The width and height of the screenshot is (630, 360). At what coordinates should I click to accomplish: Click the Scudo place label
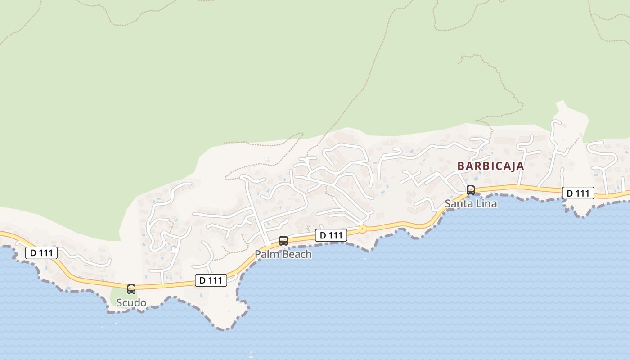point(131,303)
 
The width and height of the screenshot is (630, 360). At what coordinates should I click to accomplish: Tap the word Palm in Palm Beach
point(265,254)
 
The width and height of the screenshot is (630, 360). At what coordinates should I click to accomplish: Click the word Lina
point(486,203)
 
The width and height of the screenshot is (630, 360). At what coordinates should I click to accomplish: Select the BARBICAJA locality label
point(490,166)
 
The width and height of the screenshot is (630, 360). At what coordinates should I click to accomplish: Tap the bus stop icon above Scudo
point(131,289)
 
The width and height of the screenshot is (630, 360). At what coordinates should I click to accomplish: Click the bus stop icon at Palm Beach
point(283,241)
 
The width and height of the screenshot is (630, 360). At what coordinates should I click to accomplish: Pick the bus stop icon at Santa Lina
point(471,190)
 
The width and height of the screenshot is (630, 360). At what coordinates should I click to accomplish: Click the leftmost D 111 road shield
point(41,253)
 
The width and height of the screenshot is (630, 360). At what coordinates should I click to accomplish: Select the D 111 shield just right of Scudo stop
point(211,280)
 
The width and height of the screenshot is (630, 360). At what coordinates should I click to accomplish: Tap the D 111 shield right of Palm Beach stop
point(331,235)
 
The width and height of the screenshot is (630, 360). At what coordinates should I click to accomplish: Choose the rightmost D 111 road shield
point(578,193)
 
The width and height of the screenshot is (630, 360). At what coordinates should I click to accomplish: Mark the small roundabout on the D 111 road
point(362,229)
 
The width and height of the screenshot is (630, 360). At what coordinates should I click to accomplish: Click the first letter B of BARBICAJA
point(461,166)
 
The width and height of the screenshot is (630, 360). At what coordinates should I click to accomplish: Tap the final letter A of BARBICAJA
point(521,166)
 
